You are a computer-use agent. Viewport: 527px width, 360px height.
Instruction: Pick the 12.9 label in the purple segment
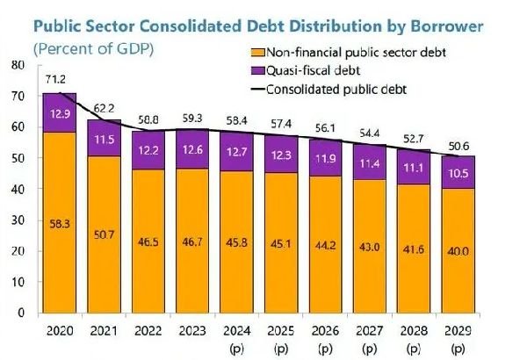[x=59, y=113]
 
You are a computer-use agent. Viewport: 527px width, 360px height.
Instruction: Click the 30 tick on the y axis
[x=17, y=220]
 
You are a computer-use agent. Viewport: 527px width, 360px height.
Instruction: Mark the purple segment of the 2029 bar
[x=457, y=172]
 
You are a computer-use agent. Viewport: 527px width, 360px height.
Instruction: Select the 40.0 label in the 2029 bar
[x=457, y=250]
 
